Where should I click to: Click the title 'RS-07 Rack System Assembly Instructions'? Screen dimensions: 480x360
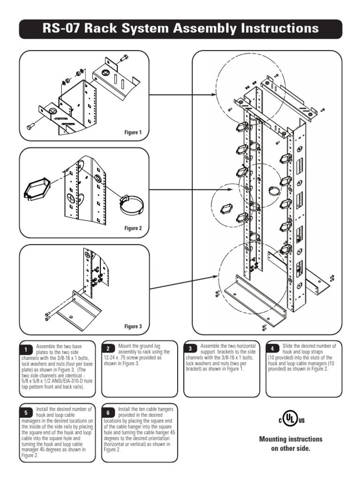coord(180,29)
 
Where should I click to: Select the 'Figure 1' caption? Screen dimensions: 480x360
coord(133,133)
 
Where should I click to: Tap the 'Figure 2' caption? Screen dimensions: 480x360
coord(133,228)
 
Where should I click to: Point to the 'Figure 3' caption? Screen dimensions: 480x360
coord(133,326)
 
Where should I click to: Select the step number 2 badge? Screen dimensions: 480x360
coord(108,348)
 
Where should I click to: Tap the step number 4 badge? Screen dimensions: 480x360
coord(273,348)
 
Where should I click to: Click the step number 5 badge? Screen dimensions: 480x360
coord(26,413)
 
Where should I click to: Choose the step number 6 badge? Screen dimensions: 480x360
coord(108,413)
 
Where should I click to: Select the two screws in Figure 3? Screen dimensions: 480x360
coord(48,317)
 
